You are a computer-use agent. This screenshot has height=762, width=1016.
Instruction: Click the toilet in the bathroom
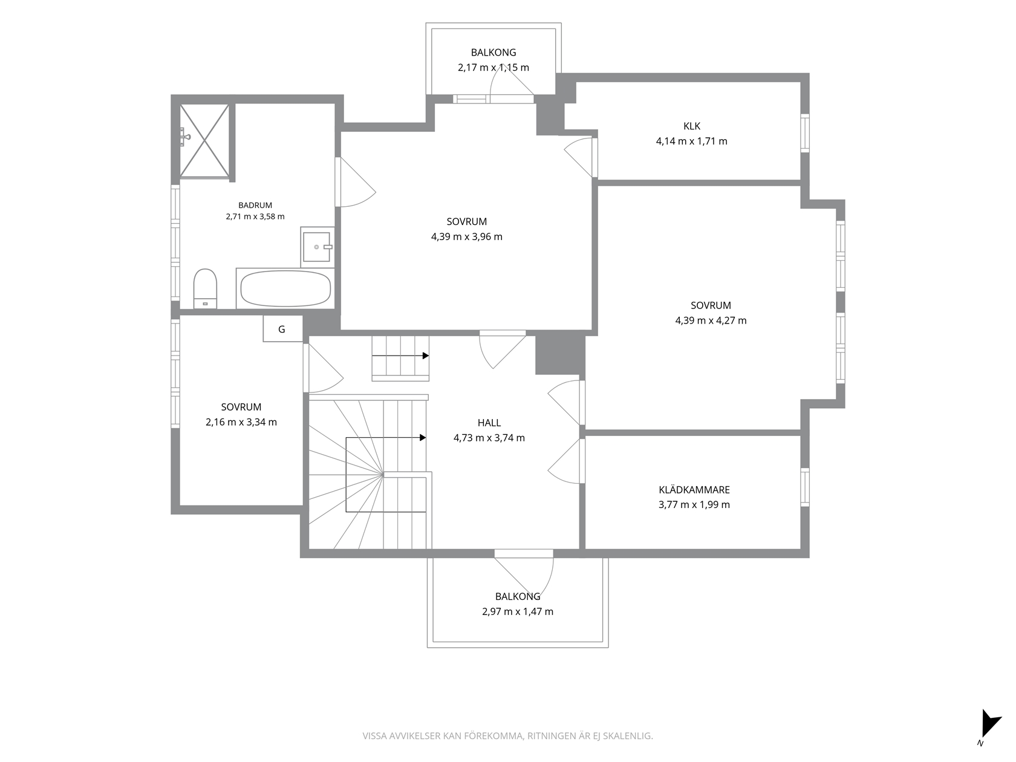[204, 288]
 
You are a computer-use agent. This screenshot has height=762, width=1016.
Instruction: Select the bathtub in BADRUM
[285, 288]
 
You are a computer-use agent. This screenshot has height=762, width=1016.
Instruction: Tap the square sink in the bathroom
[317, 247]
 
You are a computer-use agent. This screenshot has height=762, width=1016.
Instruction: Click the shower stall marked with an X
[204, 141]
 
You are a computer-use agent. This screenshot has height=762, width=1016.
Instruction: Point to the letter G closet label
[281, 330]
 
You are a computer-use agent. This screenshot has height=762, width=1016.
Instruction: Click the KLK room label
[691, 126]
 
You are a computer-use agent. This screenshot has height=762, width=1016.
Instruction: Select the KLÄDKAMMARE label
[694, 489]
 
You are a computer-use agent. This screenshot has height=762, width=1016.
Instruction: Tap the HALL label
[489, 423]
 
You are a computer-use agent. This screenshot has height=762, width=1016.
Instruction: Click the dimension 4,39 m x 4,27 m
[711, 320]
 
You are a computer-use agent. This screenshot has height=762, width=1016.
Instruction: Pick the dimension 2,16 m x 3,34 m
[241, 422]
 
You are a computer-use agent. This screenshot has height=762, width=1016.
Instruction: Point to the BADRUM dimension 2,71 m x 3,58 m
[255, 217]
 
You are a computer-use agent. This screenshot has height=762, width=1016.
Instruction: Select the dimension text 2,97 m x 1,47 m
[518, 611]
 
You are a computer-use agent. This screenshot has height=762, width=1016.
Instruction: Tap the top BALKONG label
[493, 53]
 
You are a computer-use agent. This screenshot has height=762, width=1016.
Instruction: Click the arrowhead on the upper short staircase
[425, 356]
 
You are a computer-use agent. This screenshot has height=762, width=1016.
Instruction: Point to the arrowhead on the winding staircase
[423, 438]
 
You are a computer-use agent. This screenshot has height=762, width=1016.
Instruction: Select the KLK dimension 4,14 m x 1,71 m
[691, 141]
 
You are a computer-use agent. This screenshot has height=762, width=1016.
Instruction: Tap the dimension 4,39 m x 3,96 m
[466, 237]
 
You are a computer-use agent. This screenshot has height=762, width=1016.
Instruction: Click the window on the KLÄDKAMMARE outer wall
[805, 487]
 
